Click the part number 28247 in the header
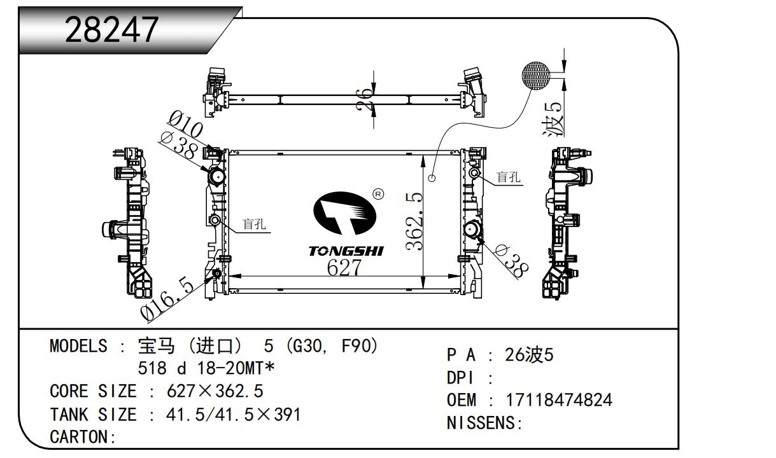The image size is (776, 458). click(111, 30)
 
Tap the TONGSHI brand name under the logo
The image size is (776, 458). click(346, 251)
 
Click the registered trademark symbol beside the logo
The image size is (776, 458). click(378, 194)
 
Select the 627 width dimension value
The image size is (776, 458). click(344, 268)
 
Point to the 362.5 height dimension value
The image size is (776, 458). click(414, 221)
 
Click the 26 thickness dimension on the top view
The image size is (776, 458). click(364, 99)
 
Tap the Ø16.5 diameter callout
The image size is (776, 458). click(167, 300)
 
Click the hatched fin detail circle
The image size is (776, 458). click(535, 76)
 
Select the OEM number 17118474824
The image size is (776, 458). click(559, 400)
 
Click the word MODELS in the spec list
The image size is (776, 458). click(79, 346)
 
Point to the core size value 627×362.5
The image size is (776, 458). click(215, 391)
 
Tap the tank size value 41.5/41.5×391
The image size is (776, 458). click(233, 414)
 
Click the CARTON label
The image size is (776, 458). click(83, 437)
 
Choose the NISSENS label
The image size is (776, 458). click(484, 422)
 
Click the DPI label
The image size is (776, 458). click(460, 378)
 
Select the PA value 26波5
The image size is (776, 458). click(529, 355)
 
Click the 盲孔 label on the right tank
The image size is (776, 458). click(508, 177)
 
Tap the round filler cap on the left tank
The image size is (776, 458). click(217, 177)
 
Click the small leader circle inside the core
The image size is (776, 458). click(432, 178)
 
